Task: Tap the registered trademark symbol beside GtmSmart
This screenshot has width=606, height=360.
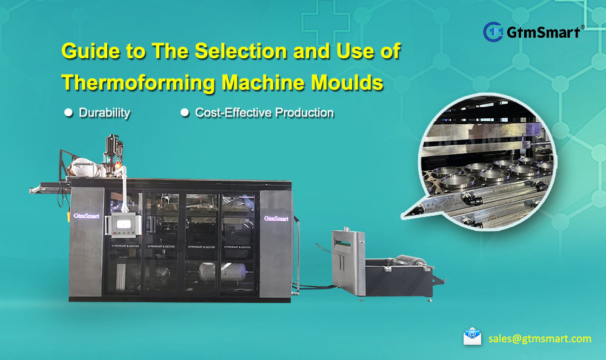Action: click(x=582, y=27)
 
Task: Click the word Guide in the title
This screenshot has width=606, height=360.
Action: click(x=90, y=52)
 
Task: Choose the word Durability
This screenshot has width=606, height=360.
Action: click(x=104, y=113)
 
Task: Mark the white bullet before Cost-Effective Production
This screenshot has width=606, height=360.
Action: click(x=184, y=113)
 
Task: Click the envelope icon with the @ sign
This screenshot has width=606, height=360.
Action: click(x=472, y=337)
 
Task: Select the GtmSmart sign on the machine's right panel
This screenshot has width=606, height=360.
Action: click(x=276, y=218)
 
